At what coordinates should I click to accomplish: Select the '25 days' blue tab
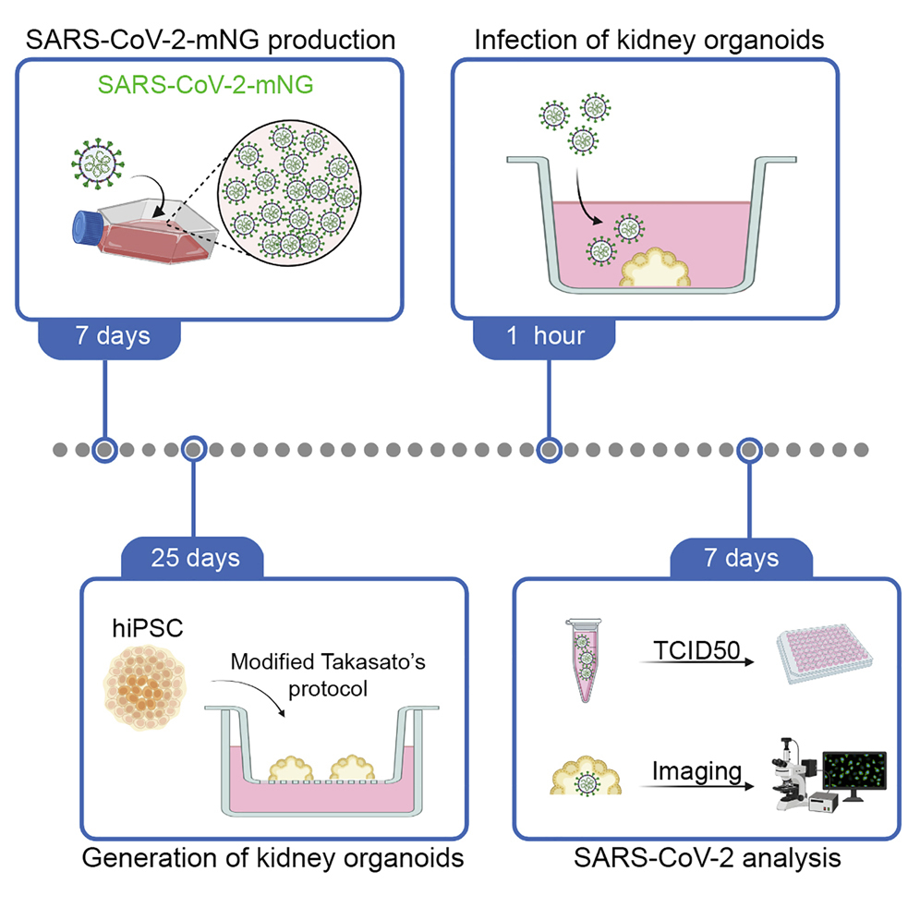[193, 558]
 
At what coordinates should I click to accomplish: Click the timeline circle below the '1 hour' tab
[549, 450]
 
